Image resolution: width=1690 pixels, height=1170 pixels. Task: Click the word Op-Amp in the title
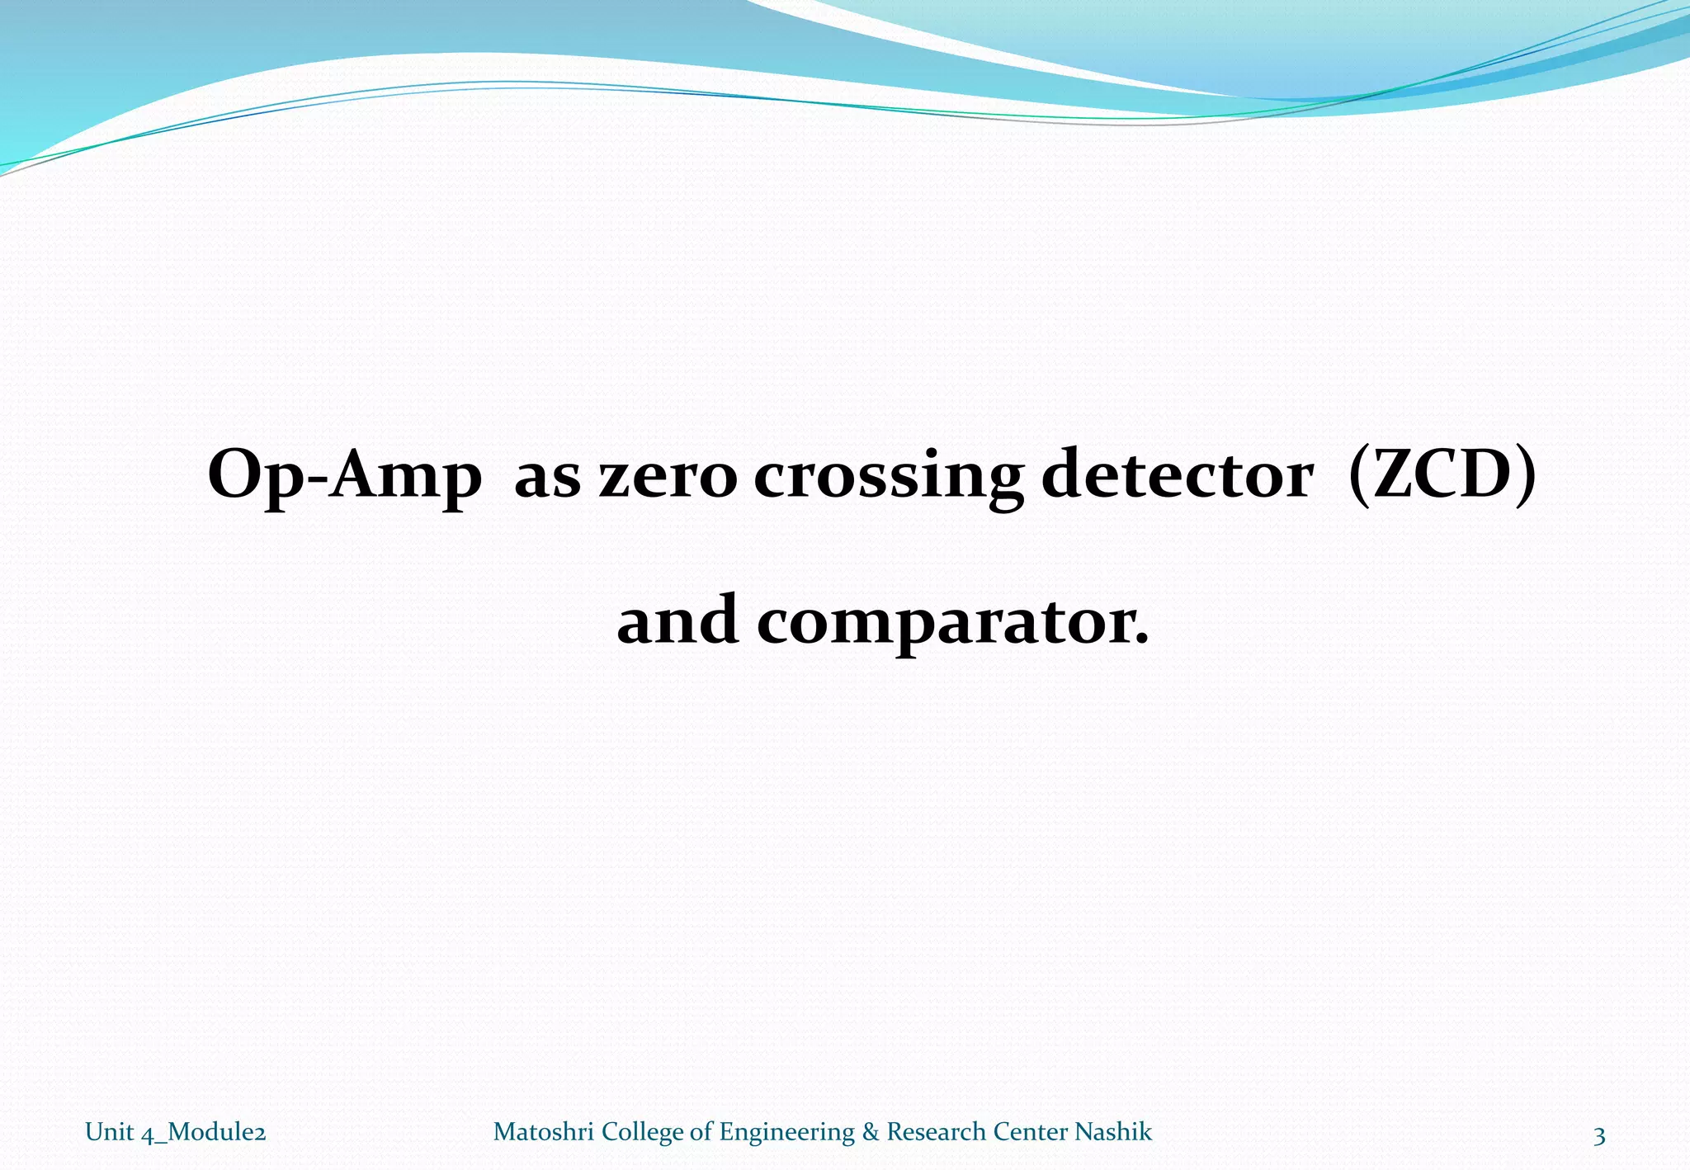344,477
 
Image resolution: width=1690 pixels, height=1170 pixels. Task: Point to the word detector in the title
1178,475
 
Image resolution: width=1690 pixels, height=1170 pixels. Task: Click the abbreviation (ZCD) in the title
1442,475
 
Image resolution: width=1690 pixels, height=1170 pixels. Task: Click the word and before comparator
677,620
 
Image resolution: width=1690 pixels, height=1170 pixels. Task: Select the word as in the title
547,479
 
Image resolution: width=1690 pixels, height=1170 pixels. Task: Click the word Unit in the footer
109,1132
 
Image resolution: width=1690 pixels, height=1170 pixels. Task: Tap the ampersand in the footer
871,1132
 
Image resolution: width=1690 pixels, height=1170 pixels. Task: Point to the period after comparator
1142,639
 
